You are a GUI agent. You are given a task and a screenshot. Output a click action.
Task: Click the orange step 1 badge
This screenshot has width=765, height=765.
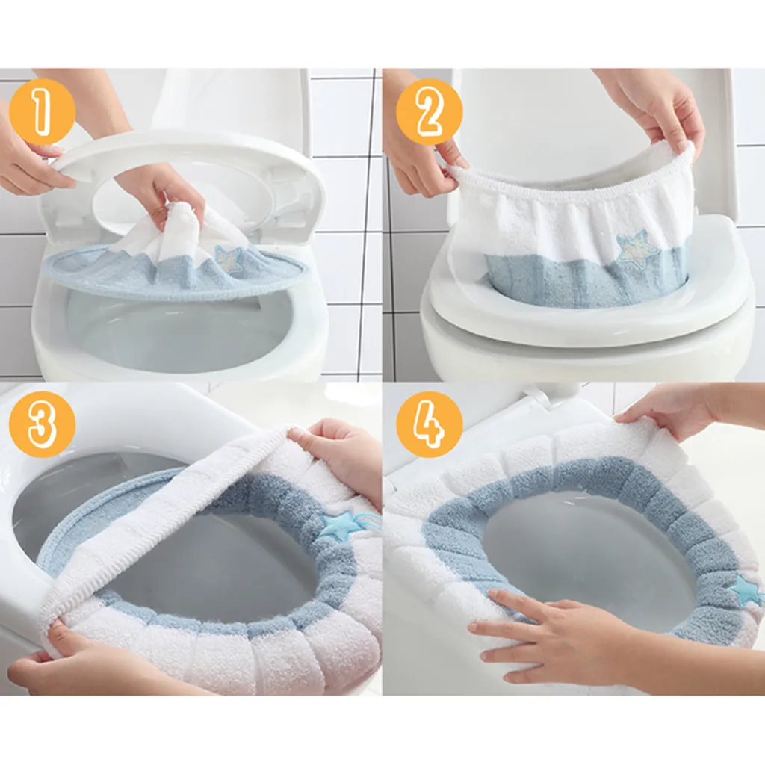[x=43, y=112]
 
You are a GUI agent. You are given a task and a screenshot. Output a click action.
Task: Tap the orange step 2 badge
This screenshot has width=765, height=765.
[x=430, y=112]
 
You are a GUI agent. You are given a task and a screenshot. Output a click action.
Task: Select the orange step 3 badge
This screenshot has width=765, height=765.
[x=43, y=423]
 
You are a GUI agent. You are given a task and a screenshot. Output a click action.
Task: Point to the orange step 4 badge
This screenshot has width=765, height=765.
[x=430, y=423]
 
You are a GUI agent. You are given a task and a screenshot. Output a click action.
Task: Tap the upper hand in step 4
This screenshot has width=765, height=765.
[x=683, y=412]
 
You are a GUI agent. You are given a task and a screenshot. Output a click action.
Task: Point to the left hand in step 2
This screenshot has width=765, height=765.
[x=420, y=151]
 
